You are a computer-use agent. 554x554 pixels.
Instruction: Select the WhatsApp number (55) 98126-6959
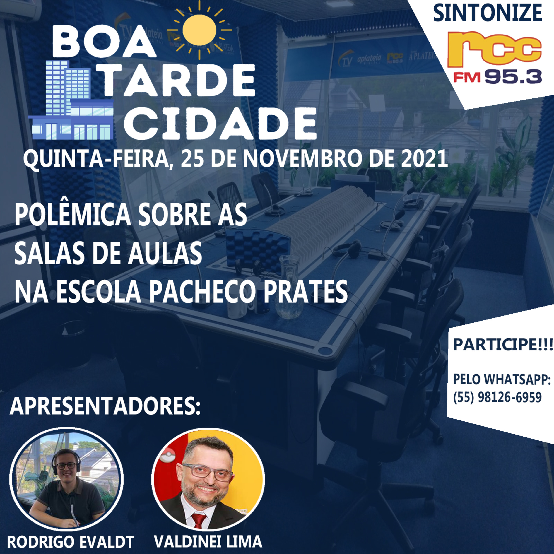[497, 397]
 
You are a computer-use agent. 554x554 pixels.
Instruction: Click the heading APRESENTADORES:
[105, 407]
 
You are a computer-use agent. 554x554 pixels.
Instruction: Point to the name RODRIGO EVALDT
[70, 542]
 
